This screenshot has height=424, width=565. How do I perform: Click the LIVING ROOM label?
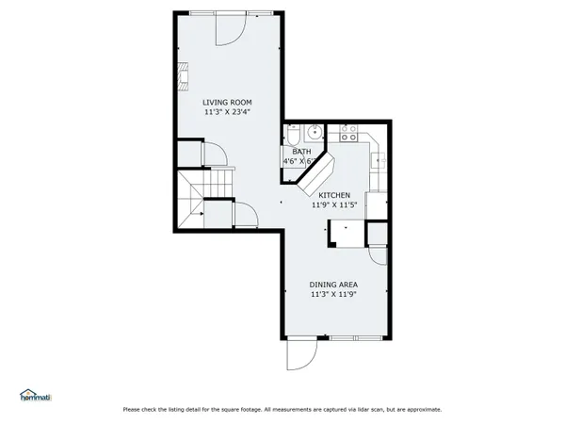227,102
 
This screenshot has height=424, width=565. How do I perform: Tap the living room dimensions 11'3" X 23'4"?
227,112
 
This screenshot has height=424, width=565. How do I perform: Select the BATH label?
301,152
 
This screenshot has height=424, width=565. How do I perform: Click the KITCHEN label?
333,194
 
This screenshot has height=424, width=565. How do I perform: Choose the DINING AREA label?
333,284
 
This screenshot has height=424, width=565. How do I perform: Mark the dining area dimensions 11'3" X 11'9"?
333,294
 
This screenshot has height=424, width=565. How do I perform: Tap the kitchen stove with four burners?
349,133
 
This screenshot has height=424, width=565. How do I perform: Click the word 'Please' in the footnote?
134,410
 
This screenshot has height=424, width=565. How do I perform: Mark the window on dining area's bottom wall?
357,337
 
